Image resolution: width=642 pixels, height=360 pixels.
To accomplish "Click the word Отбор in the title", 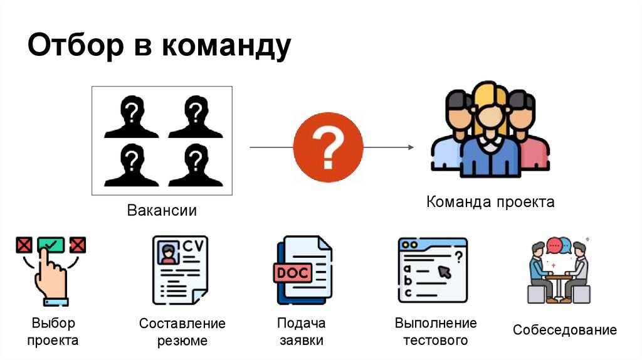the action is pyautogui.click(x=73, y=46).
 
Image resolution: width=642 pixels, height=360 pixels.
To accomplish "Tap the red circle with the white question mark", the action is pyautogui.click(x=328, y=148).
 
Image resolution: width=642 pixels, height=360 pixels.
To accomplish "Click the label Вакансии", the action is pyautogui.click(x=162, y=211).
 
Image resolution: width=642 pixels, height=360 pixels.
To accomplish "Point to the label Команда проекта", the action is pyautogui.click(x=490, y=203).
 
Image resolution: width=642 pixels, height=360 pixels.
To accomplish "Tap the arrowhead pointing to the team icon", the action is pyautogui.click(x=410, y=147).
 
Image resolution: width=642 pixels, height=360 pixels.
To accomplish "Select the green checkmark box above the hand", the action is pyautogui.click(x=51, y=244).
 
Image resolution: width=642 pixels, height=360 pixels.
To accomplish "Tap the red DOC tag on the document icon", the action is pyautogui.click(x=290, y=273).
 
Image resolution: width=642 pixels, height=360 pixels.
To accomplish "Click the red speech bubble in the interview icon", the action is pyautogui.click(x=554, y=244).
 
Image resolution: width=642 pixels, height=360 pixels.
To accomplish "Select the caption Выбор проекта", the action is pyautogui.click(x=53, y=332).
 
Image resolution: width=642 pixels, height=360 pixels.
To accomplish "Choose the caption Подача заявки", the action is pyautogui.click(x=302, y=332).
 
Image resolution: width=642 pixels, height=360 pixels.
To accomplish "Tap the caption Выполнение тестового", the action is pyautogui.click(x=436, y=332).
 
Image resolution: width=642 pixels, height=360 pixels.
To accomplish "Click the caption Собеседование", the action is pyautogui.click(x=565, y=331).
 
